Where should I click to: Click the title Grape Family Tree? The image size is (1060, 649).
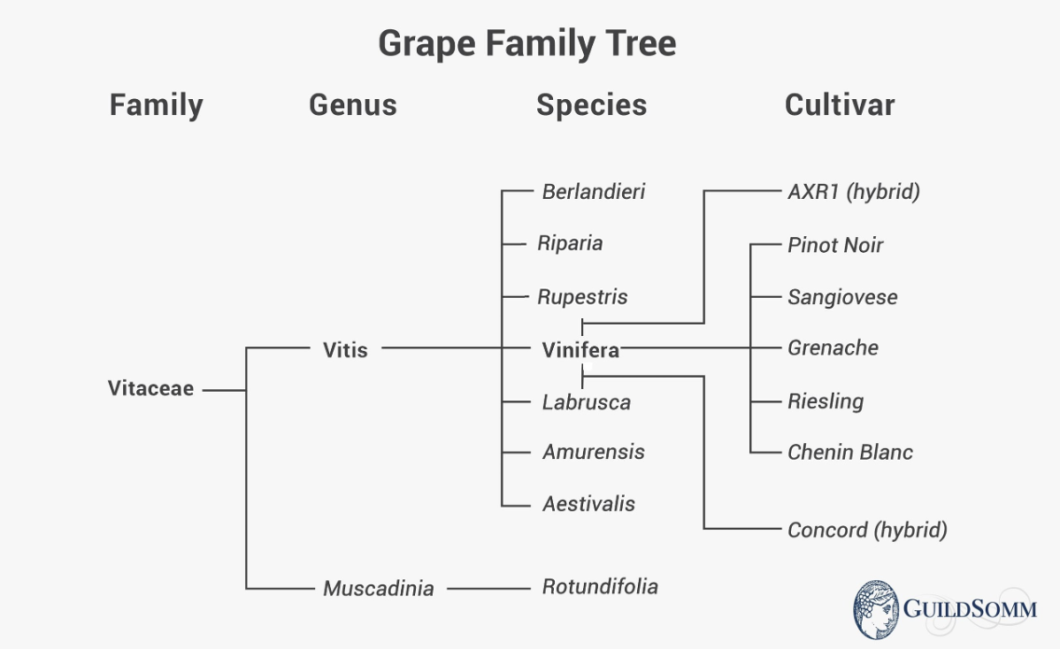pos(527,43)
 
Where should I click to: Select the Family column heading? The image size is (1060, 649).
pos(156,105)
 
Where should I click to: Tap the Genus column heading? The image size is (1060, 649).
pos(352,105)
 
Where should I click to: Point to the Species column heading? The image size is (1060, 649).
pos(591,105)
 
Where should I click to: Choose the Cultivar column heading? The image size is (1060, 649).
pos(839,105)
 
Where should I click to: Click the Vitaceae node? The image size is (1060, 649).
pos(150,389)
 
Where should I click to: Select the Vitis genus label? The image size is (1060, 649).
pos(345,349)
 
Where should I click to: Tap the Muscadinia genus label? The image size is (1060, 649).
pos(378,588)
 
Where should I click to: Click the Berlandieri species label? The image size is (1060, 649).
pos(594,191)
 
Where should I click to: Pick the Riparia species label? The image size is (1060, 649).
pos(570,243)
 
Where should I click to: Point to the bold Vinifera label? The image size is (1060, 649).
pos(580,350)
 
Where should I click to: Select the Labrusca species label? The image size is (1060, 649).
pos(586,402)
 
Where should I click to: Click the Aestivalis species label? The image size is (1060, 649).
pos(588,504)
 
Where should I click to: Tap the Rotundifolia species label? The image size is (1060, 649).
pos(600,586)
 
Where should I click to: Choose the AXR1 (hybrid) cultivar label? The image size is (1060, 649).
pos(853,192)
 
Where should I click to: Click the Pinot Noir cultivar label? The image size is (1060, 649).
pos(835,245)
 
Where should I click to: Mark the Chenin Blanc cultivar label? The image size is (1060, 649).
pos(849,453)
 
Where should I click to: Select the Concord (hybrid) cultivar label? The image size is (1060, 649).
pos(867,531)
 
